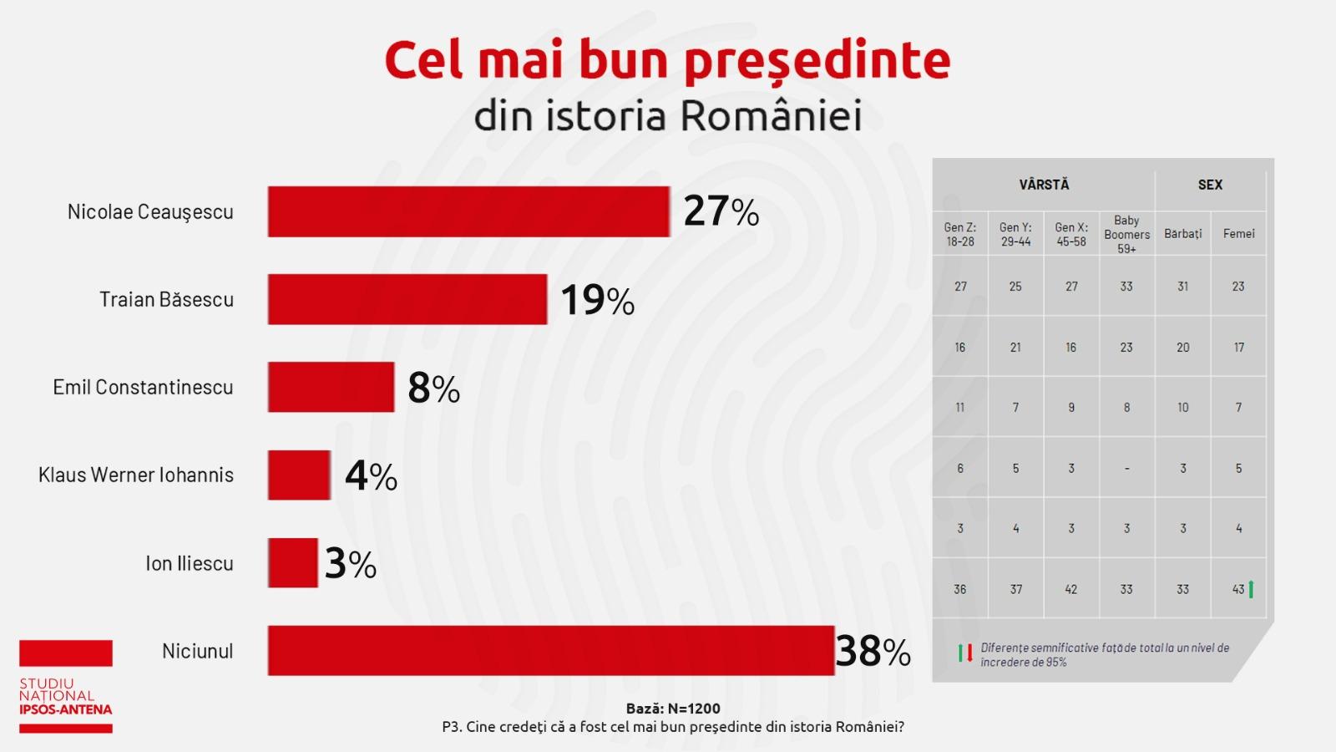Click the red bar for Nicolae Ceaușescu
click(468, 211)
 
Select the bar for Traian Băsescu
click(407, 299)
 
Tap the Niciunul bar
click(550, 650)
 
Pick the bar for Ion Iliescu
click(292, 562)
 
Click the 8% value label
click(433, 388)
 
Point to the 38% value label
click(873, 651)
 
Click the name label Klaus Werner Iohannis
click(136, 475)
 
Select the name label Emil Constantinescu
click(143, 387)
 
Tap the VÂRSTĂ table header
click(1044, 185)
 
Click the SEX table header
click(1210, 185)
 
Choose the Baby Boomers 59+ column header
click(1126, 234)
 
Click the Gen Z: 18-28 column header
click(960, 234)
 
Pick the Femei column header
click(1238, 234)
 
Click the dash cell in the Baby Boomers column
click(1126, 469)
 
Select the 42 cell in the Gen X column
click(1071, 589)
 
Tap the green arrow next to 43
click(1251, 589)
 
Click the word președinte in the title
click(817, 60)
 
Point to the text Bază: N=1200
click(673, 709)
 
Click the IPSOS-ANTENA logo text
click(66, 709)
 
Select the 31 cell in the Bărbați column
click(1182, 287)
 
